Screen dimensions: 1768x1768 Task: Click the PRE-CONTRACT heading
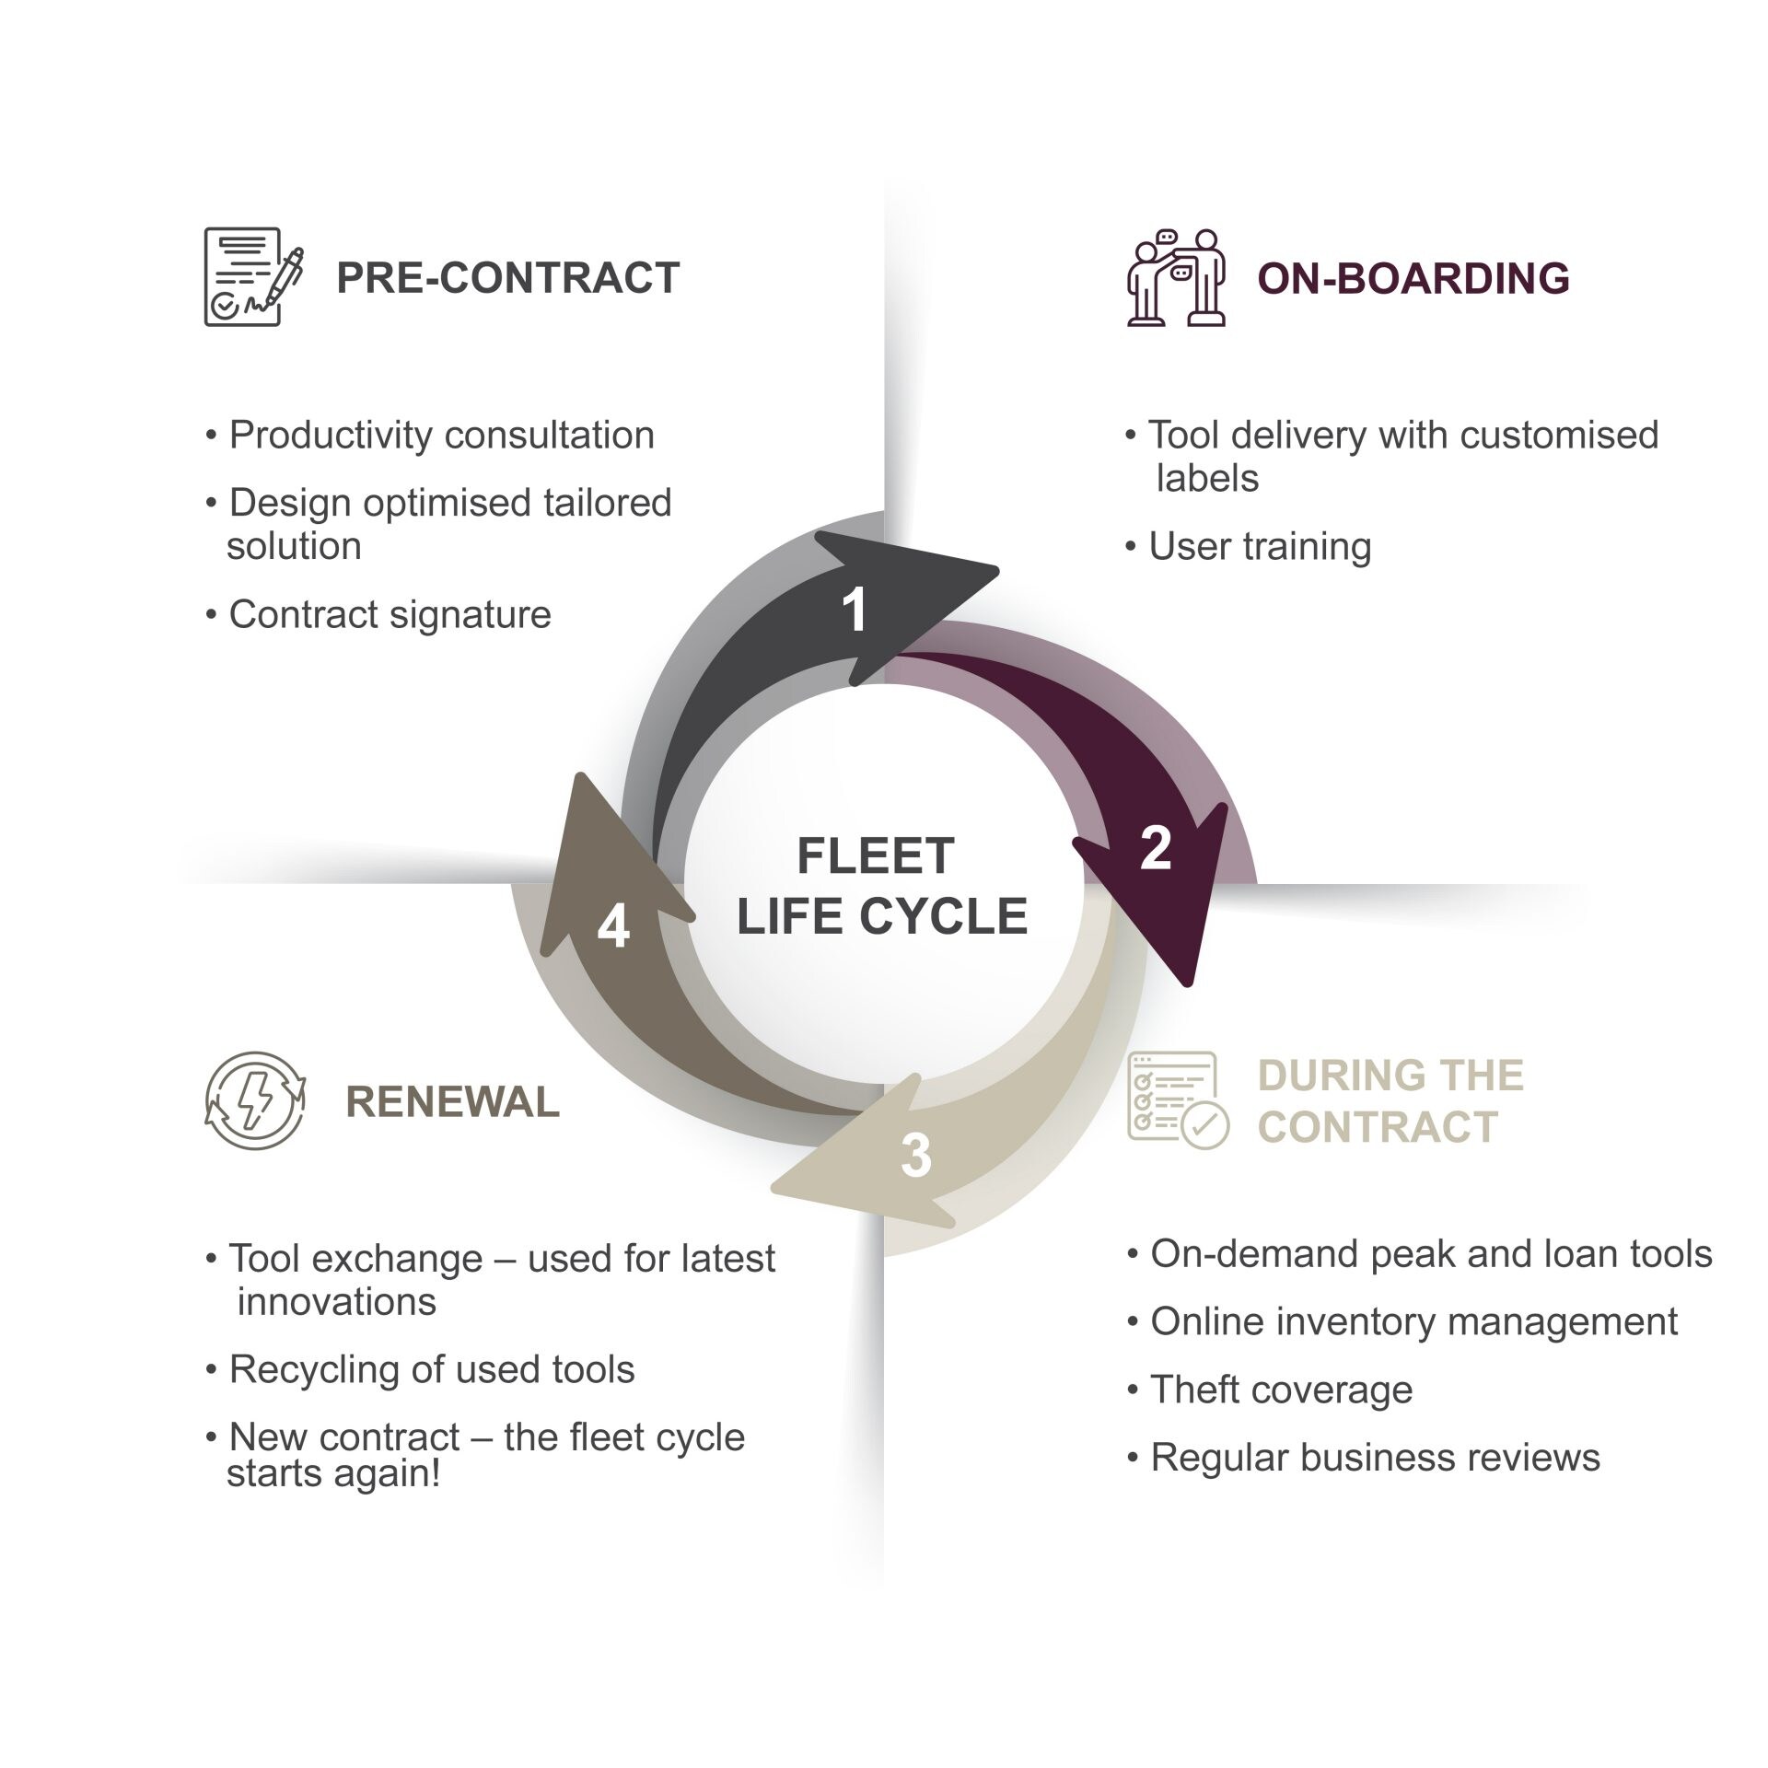(x=507, y=278)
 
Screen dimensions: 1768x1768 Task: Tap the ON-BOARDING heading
(x=1413, y=278)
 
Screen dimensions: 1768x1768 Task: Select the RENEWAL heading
(x=452, y=1102)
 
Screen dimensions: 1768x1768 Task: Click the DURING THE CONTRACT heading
(x=1390, y=1101)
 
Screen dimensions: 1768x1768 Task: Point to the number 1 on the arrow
(x=855, y=610)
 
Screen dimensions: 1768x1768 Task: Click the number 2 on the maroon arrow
(x=1155, y=848)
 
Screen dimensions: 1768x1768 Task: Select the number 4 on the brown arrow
(x=613, y=926)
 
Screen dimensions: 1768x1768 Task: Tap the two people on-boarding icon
(x=1177, y=277)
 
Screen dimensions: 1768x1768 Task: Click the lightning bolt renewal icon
(x=255, y=1100)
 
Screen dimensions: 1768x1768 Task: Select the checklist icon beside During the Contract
(x=1177, y=1100)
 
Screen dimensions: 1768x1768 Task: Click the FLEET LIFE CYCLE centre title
(x=881, y=886)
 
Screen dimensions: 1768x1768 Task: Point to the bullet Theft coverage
(x=1281, y=1390)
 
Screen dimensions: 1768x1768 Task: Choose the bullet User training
(x=1259, y=547)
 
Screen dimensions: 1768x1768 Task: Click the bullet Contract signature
(x=390, y=614)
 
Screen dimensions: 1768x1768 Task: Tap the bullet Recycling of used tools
(x=431, y=1369)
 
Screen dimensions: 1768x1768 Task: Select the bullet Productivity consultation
(x=441, y=436)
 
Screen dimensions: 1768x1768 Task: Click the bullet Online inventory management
(x=1413, y=1321)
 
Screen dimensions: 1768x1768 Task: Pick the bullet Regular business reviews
(x=1375, y=1458)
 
